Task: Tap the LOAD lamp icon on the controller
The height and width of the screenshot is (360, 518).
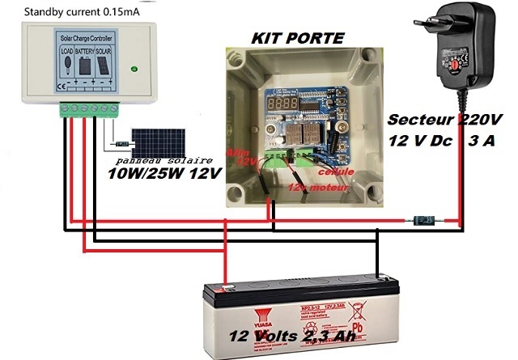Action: (x=67, y=61)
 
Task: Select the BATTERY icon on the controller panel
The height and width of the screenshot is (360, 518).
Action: (x=85, y=61)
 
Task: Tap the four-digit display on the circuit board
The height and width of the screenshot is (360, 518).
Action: (x=282, y=105)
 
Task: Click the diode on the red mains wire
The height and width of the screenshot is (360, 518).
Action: (x=424, y=219)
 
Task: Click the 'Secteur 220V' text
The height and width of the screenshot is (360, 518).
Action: (x=444, y=120)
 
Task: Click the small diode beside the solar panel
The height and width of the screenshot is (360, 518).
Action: (x=121, y=143)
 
